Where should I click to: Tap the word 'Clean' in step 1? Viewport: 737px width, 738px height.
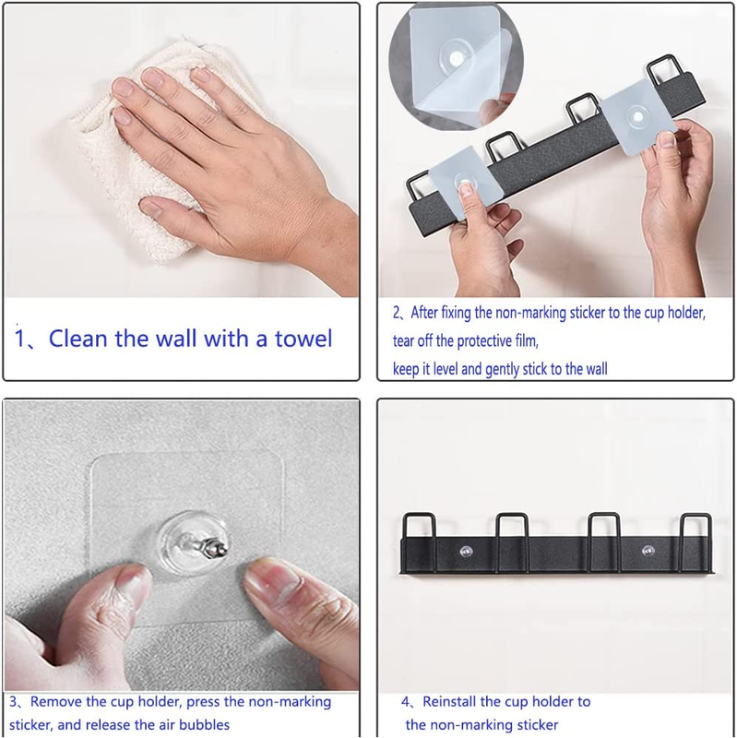pos(78,339)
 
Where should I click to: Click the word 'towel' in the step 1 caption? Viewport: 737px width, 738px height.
pos(303,339)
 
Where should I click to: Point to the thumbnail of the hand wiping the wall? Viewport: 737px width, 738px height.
pos(181,150)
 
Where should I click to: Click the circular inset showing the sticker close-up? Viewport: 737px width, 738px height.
pos(456,65)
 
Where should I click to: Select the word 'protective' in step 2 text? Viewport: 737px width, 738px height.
pos(484,340)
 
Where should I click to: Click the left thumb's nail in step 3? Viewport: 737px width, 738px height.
pos(125,583)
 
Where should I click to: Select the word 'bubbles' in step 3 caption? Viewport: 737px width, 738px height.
pos(204,724)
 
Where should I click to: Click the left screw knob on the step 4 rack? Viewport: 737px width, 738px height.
pos(467,551)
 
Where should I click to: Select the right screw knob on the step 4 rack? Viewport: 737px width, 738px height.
pos(648,551)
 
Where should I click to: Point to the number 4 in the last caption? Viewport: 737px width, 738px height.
pos(405,702)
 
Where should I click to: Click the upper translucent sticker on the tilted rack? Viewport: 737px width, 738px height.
pos(637,118)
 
